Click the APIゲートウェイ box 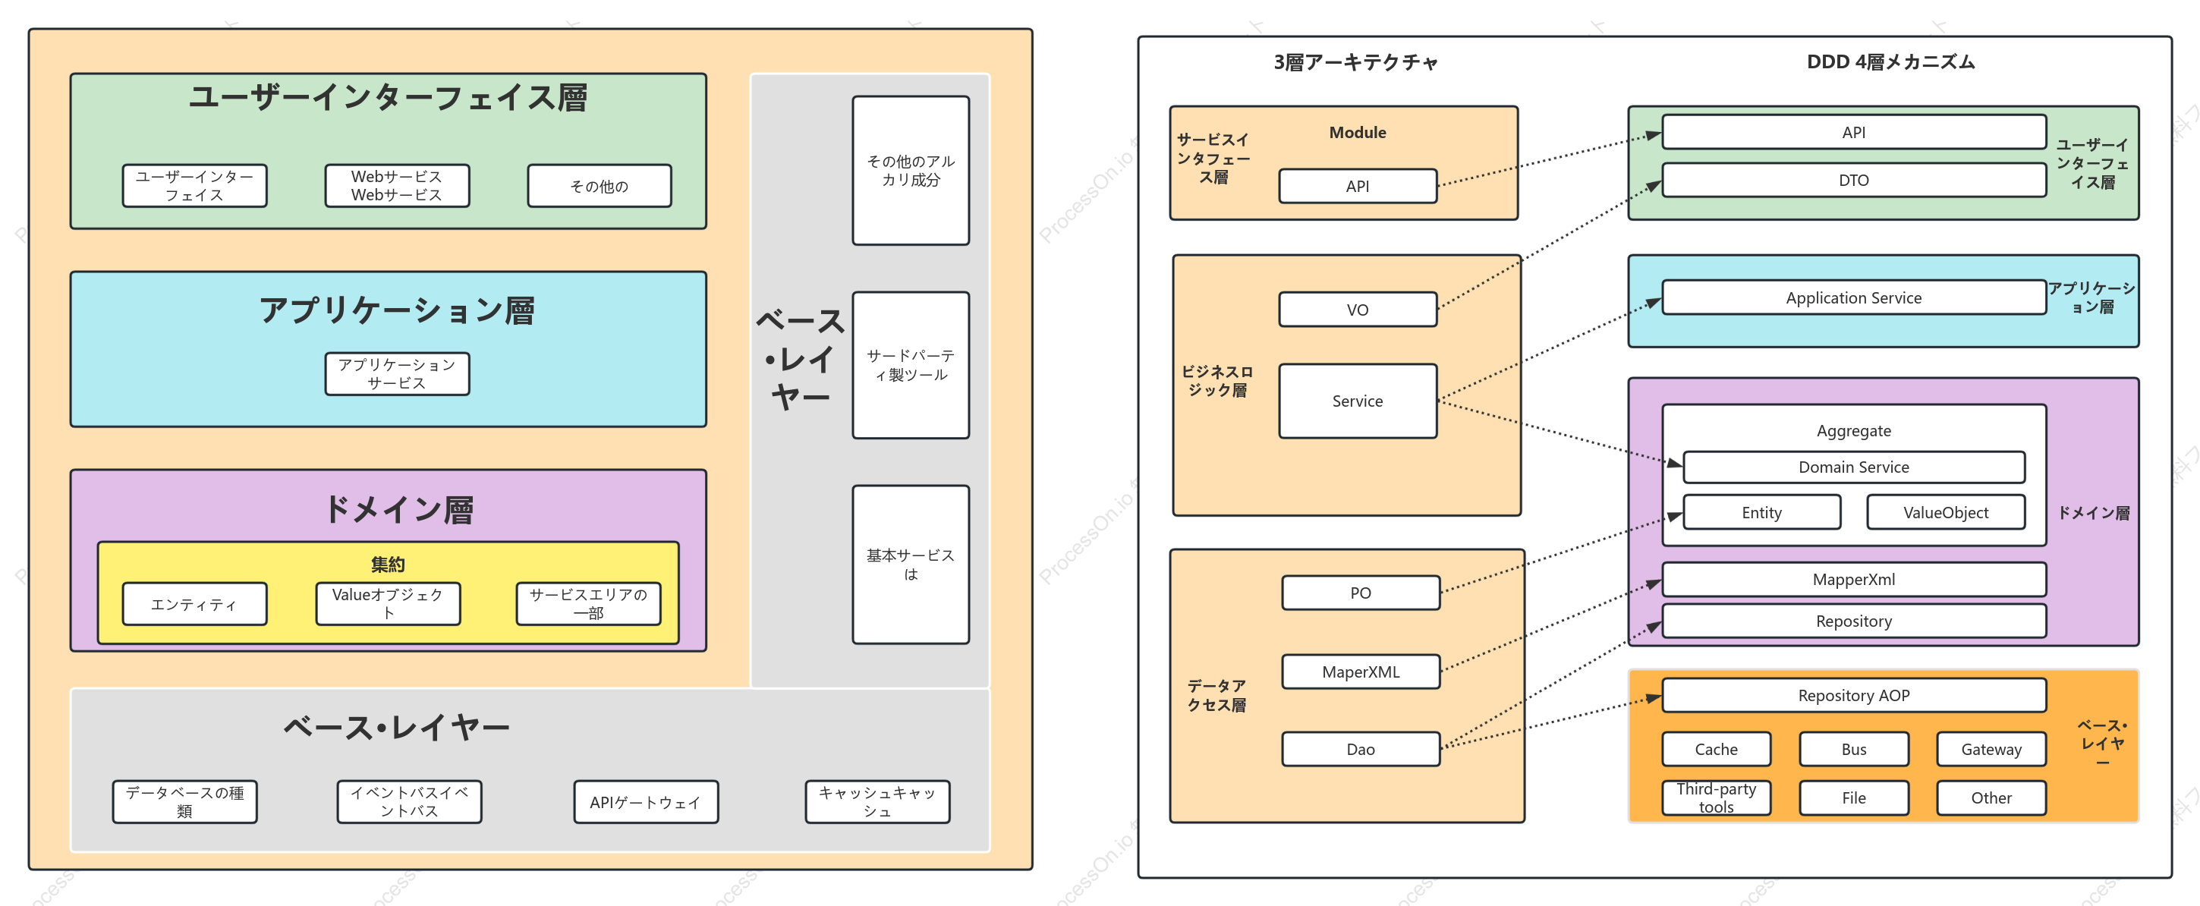(646, 802)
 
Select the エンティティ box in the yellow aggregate (195, 604)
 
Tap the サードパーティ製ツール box (911, 365)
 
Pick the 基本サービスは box (911, 565)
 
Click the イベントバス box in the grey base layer (409, 802)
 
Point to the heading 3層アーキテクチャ (1355, 62)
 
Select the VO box (1357, 309)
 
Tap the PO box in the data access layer (1361, 593)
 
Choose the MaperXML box (1361, 672)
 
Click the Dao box (1361, 749)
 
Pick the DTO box (1853, 179)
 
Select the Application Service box (1853, 297)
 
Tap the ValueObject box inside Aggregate (1946, 511)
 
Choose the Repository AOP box (1853, 695)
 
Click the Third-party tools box (1716, 797)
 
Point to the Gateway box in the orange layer (1991, 749)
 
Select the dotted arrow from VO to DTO (1549, 245)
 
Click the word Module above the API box (1357, 132)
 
